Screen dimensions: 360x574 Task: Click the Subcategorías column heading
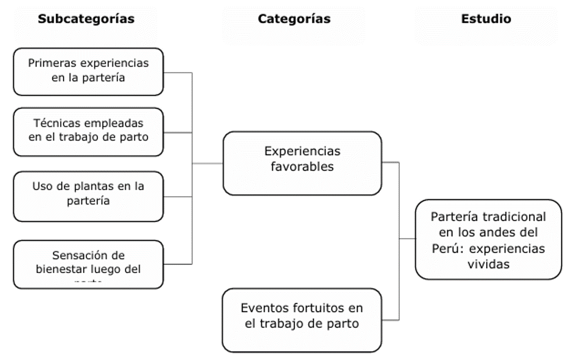(86, 19)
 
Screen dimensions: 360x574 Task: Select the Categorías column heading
(294, 19)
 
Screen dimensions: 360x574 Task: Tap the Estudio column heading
(486, 19)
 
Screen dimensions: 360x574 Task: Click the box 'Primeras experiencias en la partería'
(88, 71)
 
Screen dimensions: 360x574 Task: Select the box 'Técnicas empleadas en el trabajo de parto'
(88, 131)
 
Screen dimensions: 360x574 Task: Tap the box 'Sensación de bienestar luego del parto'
(88, 263)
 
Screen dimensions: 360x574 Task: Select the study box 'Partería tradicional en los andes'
(488, 239)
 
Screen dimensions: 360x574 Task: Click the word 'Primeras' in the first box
(49, 63)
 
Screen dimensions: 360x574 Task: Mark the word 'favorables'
(302, 168)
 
